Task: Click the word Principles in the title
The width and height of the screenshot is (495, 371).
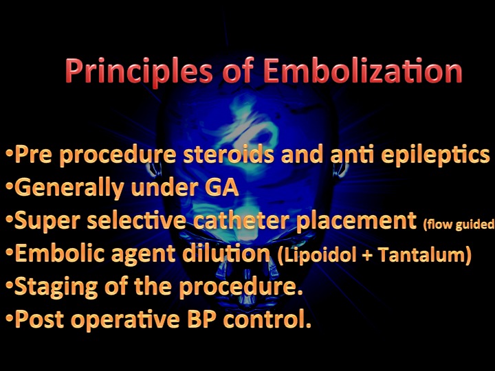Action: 139,72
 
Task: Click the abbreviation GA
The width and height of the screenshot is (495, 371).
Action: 222,188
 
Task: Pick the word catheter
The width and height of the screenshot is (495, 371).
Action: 241,221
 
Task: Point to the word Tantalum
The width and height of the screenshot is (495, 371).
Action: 424,254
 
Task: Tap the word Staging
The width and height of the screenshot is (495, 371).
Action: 56,288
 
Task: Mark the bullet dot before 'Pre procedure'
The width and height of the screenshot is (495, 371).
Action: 10,153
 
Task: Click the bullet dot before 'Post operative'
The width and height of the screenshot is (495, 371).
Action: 10,318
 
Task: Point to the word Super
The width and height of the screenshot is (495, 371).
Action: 47,221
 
